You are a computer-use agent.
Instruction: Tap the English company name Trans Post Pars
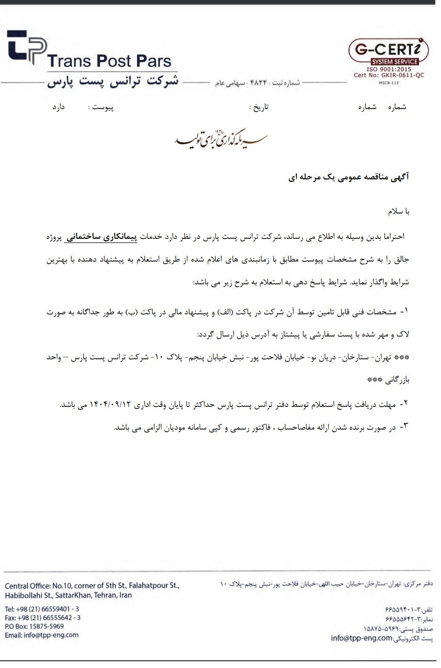point(109,62)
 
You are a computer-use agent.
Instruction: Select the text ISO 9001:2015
point(388,68)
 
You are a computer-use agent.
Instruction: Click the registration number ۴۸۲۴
point(257,83)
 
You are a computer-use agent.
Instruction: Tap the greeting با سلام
point(399,212)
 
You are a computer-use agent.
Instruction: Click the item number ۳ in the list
point(405,427)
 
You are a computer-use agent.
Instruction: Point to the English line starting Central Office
point(92,586)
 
